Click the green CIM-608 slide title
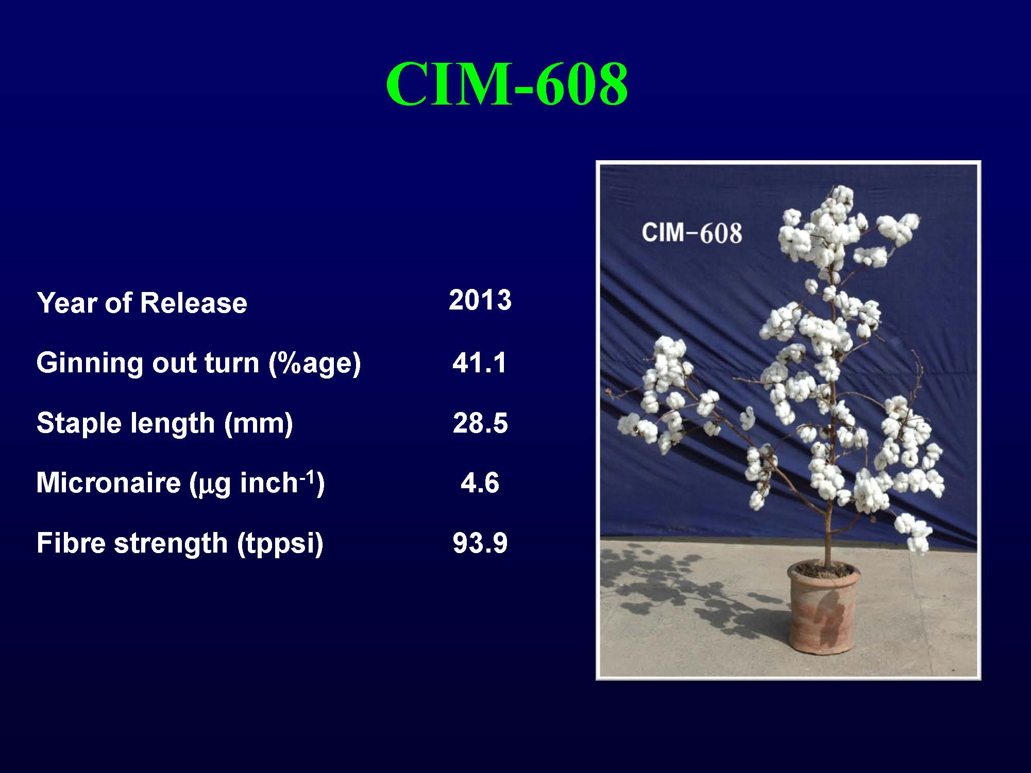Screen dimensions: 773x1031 [x=507, y=83]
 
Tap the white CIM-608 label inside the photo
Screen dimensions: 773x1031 [x=691, y=233]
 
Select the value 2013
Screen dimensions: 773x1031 [x=480, y=300]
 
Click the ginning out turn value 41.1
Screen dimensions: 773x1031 [x=480, y=363]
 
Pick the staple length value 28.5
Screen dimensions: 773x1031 [x=480, y=423]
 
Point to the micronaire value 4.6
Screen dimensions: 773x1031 [x=480, y=483]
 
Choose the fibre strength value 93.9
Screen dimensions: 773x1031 [x=480, y=543]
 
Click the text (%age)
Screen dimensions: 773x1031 [x=314, y=364]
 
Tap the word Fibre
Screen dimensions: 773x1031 [x=71, y=543]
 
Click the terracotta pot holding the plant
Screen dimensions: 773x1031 [x=823, y=613]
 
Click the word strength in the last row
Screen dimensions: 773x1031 [x=171, y=543]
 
